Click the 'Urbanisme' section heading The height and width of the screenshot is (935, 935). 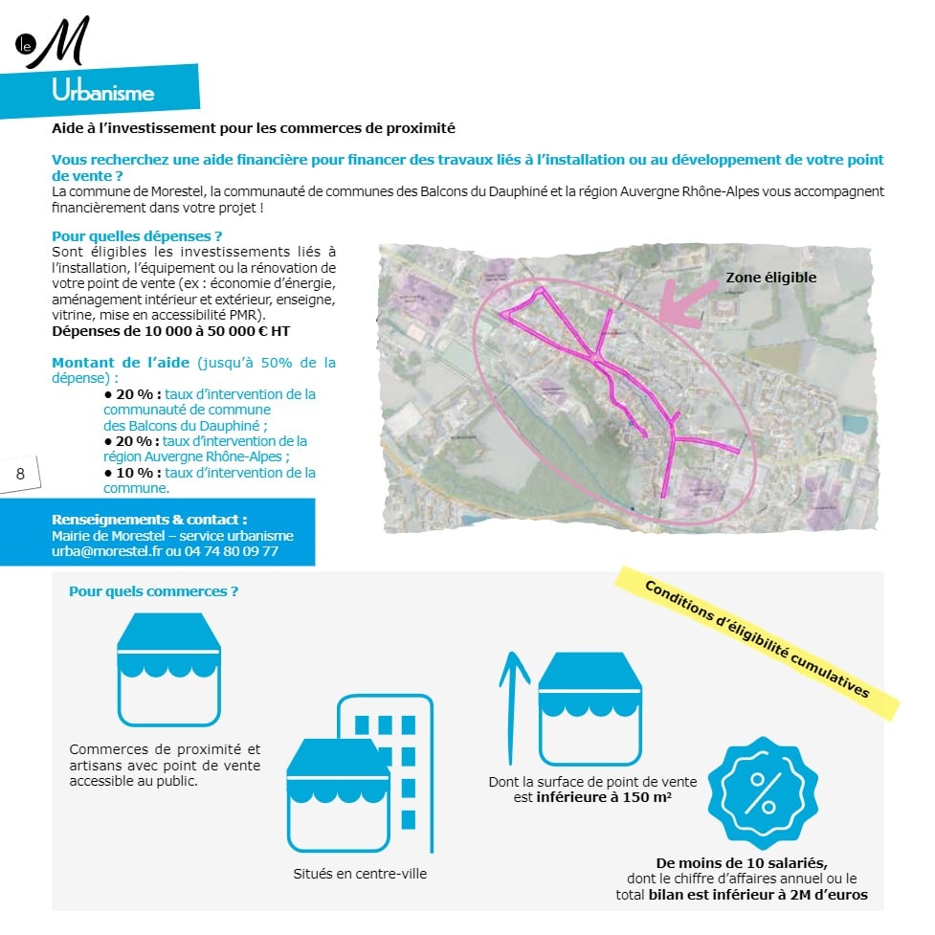[103, 93]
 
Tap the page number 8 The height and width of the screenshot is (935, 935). [20, 474]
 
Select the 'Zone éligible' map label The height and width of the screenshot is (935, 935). [770, 278]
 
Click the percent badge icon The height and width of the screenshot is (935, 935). [762, 792]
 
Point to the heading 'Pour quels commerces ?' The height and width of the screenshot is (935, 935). [153, 591]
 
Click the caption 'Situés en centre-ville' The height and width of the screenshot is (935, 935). [360, 873]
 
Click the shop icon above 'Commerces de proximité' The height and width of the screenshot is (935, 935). [168, 670]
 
